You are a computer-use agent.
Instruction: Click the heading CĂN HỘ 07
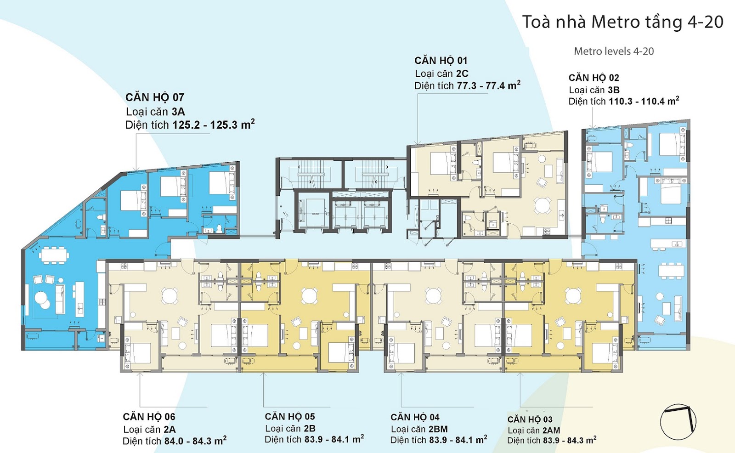pyautogui.click(x=155, y=97)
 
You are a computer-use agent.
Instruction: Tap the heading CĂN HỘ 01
pyautogui.click(x=441, y=61)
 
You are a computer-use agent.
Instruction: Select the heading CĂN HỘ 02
pyautogui.click(x=594, y=78)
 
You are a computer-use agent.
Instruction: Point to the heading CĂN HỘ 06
pyautogui.click(x=149, y=417)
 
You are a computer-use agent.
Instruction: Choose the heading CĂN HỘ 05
pyautogui.click(x=290, y=416)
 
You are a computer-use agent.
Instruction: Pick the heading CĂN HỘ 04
pyautogui.click(x=415, y=417)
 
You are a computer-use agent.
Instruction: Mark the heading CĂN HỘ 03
pyautogui.click(x=530, y=419)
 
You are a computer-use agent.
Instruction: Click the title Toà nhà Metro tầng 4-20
pyautogui.click(x=622, y=22)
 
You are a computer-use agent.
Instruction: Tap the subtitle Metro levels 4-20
pyautogui.click(x=614, y=51)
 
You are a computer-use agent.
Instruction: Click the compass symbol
pyautogui.click(x=678, y=421)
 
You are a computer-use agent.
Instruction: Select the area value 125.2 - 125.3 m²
pyautogui.click(x=214, y=125)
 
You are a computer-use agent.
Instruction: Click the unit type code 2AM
pyautogui.click(x=550, y=430)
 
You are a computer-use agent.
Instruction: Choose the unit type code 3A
pyautogui.click(x=178, y=112)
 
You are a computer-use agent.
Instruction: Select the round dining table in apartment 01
pyautogui.click(x=543, y=205)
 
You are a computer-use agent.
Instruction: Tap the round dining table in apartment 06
pyautogui.click(x=170, y=295)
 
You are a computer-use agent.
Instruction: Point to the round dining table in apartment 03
pyautogui.click(x=573, y=295)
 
